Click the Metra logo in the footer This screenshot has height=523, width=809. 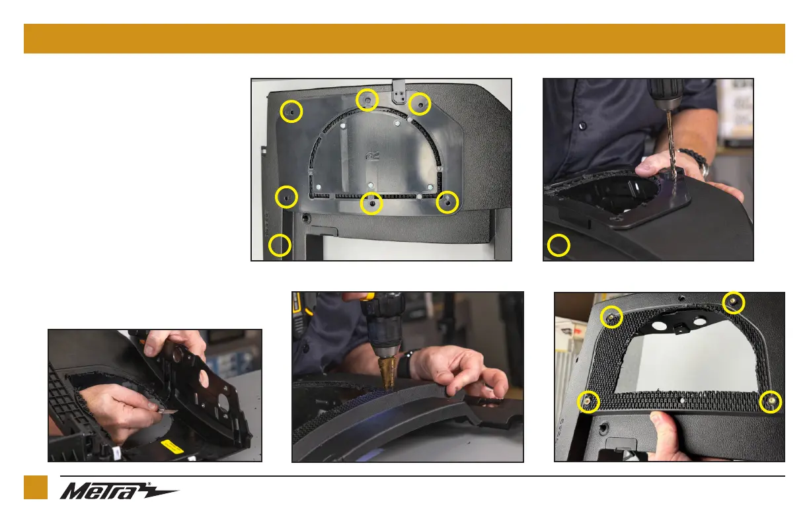point(119,491)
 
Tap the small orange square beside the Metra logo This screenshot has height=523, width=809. point(36,487)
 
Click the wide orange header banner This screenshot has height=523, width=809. point(404,38)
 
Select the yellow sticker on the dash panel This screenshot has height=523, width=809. point(173,447)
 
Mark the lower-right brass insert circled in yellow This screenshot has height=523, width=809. point(771,401)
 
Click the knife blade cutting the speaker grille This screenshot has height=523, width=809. point(167,411)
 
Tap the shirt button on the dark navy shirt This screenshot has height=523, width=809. point(582,126)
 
